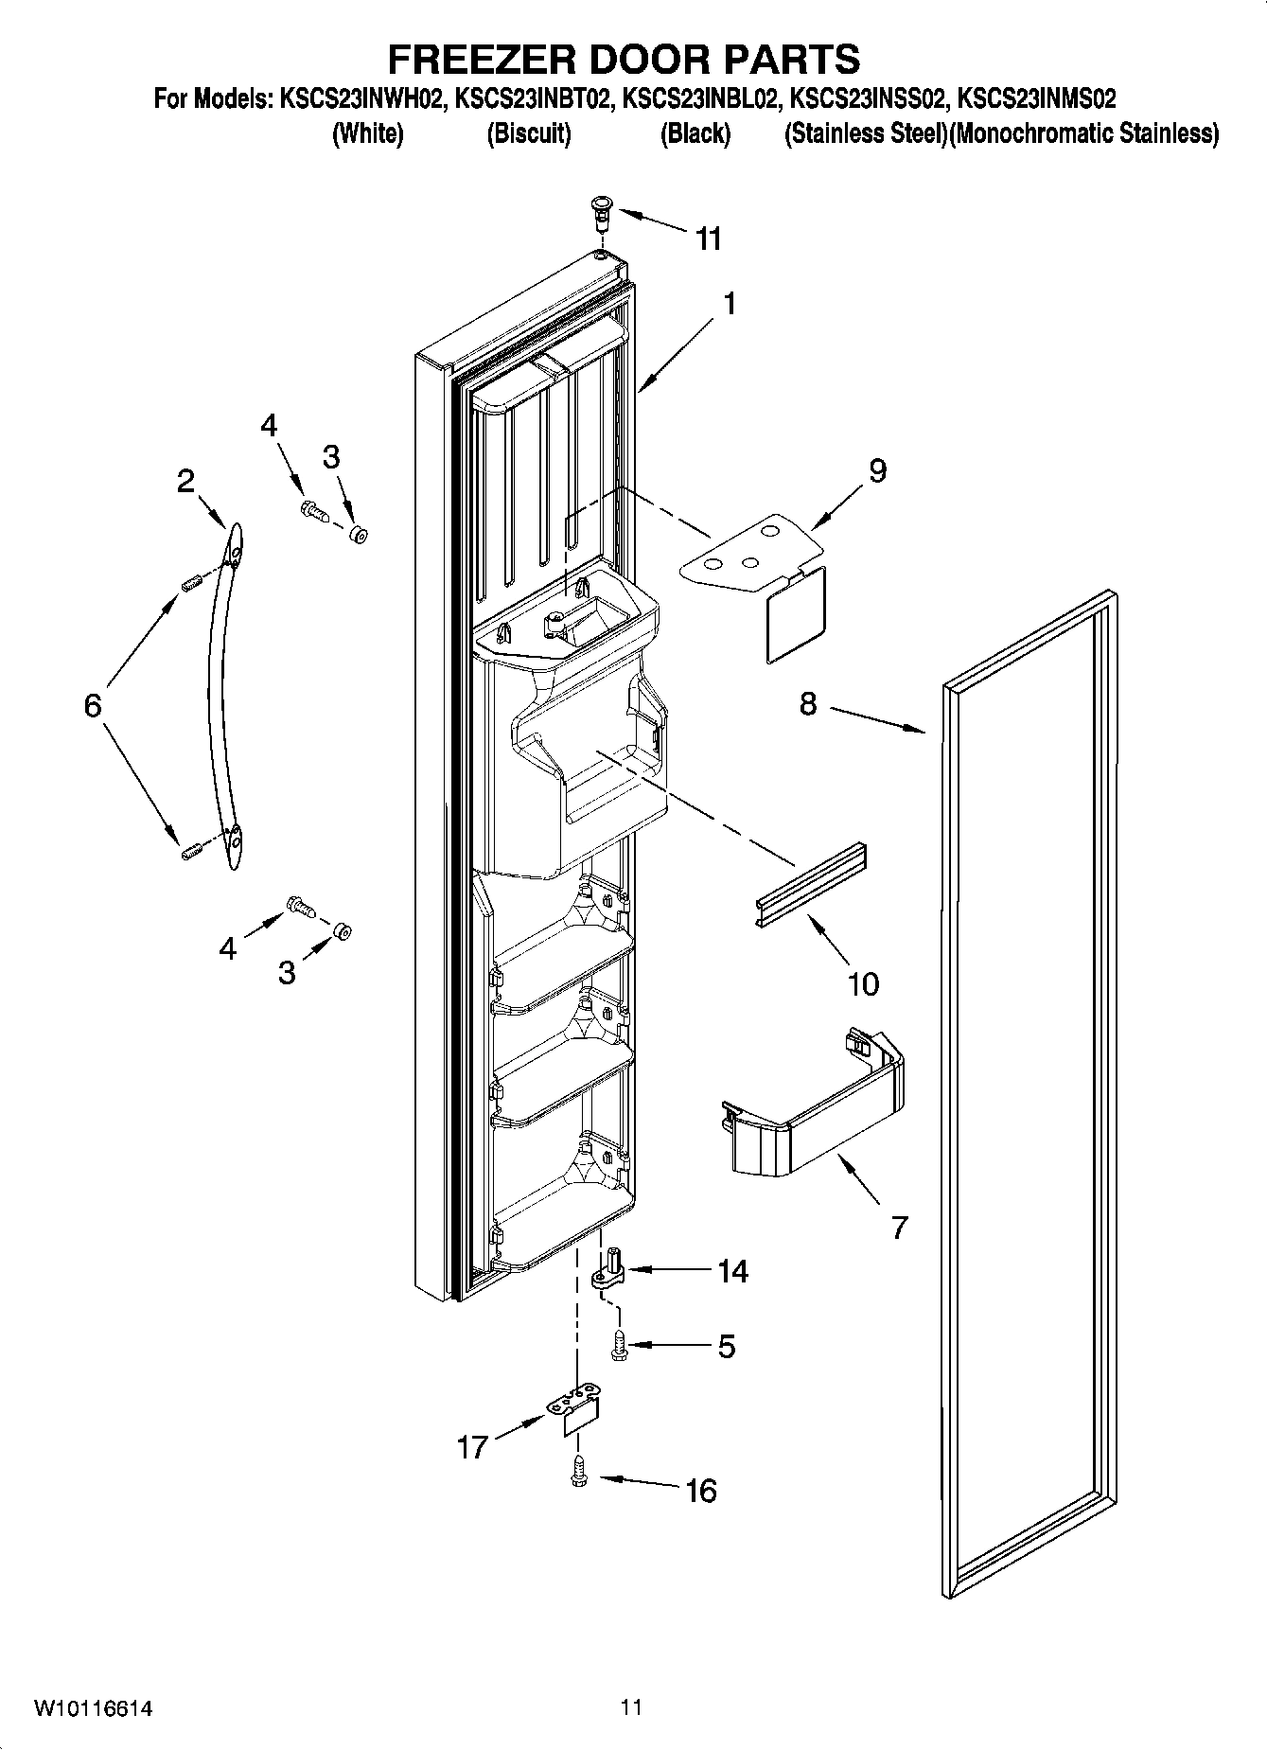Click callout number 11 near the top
tap(708, 239)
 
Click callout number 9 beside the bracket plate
tap(877, 469)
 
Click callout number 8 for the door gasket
tap(807, 704)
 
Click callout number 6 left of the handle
tap(92, 705)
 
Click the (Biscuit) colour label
tap(528, 134)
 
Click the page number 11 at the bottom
tap(631, 1706)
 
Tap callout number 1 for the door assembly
tap(729, 304)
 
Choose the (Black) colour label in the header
tap(695, 134)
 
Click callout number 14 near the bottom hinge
tap(731, 1271)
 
